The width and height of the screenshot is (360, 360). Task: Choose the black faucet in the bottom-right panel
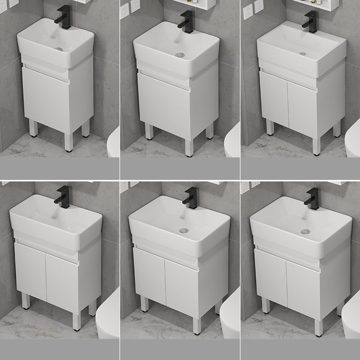tap(312, 199)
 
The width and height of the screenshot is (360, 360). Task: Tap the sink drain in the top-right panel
tap(303, 53)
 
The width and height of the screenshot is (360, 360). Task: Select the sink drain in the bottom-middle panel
tap(183, 231)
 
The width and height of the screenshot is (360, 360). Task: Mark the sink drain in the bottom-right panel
tap(305, 232)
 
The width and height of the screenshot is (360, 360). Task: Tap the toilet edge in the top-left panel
tap(114, 142)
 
